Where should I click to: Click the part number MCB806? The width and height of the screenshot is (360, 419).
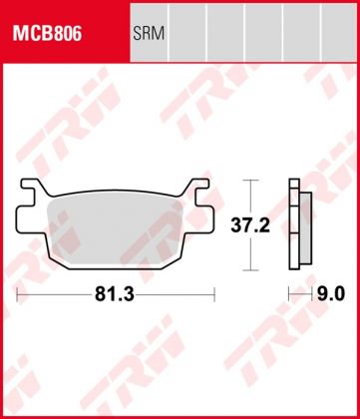point(47,33)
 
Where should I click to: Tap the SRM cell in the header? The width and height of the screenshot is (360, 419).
point(150,33)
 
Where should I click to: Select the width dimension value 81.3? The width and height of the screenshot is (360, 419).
point(115,294)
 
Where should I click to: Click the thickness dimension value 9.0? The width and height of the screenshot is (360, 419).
point(331,294)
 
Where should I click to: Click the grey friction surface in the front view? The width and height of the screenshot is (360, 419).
point(115,229)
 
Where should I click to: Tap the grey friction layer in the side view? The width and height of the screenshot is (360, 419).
point(306,227)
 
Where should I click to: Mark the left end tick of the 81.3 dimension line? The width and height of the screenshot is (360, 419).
point(17,294)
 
